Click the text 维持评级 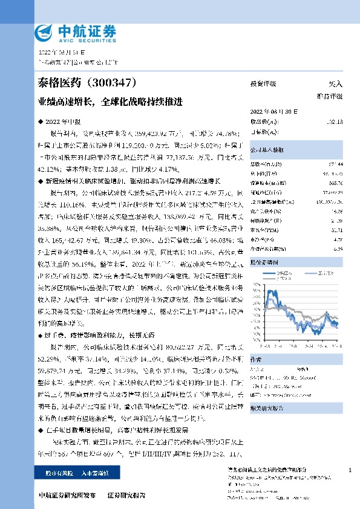[x=329, y=96]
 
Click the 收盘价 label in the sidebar [x=260, y=121]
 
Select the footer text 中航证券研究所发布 [x=67, y=494]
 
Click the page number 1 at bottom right [x=350, y=470]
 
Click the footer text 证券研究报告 [x=126, y=494]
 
